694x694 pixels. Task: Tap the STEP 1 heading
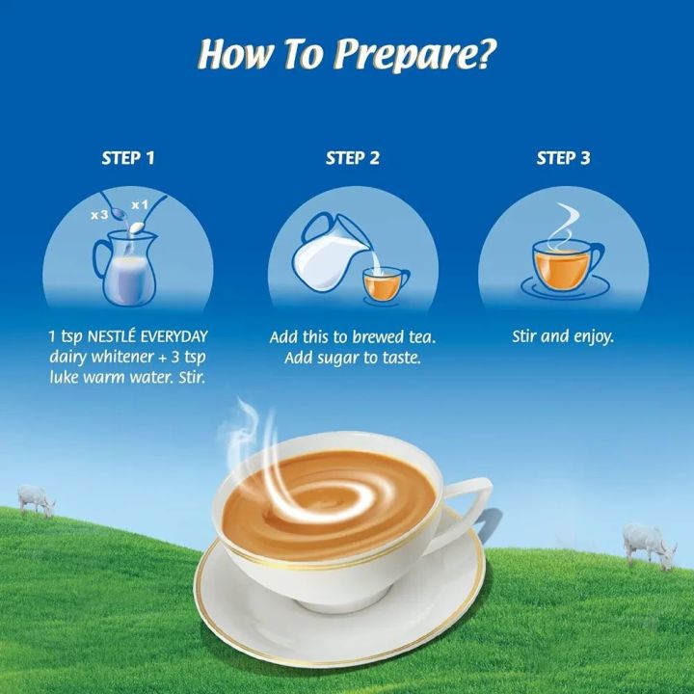pyautogui.click(x=128, y=158)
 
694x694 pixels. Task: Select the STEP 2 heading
pyautogui.click(x=353, y=158)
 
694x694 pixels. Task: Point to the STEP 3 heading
pyautogui.click(x=563, y=158)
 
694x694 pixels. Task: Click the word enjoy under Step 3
pyautogui.click(x=590, y=338)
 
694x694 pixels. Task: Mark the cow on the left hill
pyautogui.click(x=37, y=500)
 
